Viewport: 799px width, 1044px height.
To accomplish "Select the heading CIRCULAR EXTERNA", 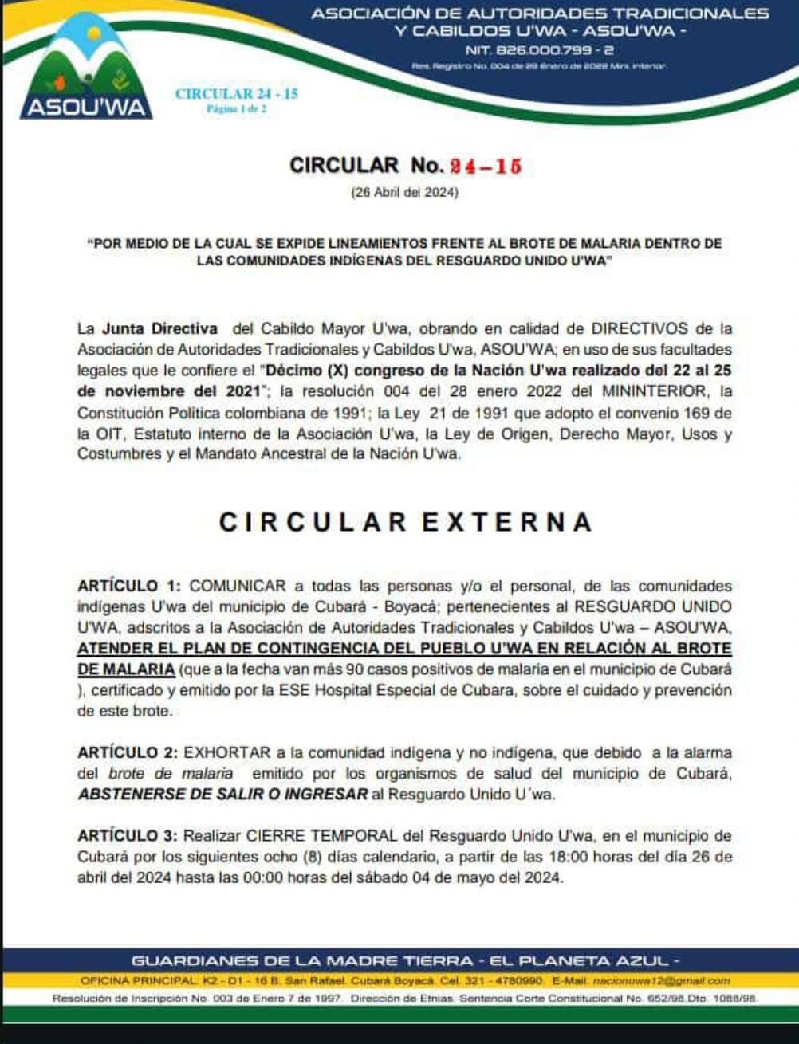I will (406, 522).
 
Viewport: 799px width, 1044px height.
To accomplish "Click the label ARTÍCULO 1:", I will (129, 587).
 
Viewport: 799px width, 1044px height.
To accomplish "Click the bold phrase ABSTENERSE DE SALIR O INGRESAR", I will (222, 795).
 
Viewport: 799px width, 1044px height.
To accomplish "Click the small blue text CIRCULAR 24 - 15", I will (236, 94).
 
